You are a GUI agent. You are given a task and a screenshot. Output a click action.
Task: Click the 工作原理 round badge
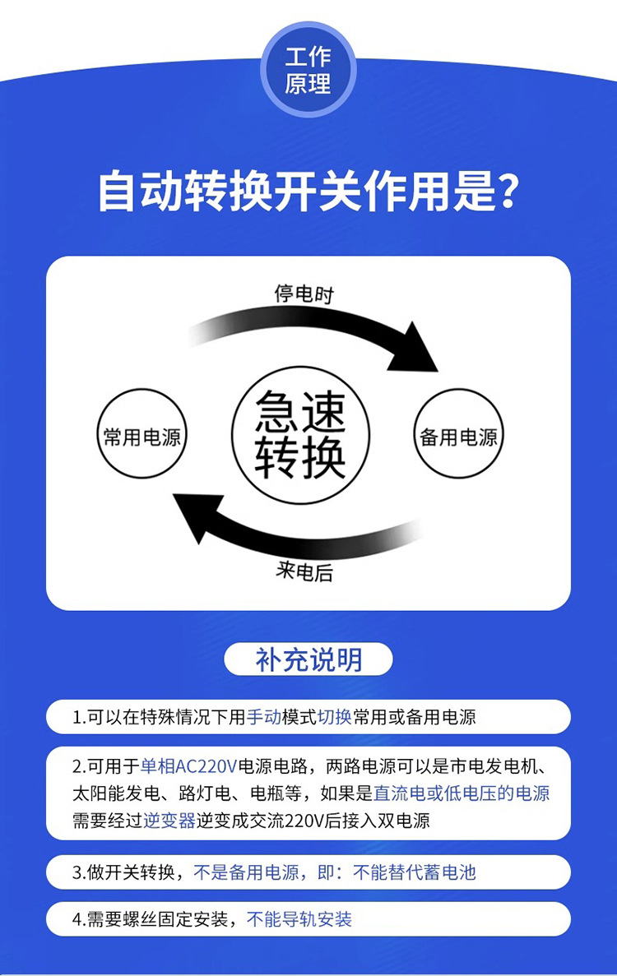(308, 70)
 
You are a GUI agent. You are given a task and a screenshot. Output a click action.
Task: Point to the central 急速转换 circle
(300, 436)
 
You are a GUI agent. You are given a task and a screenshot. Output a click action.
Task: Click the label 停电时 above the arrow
(304, 294)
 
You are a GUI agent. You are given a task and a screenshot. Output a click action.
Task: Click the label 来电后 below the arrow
(304, 572)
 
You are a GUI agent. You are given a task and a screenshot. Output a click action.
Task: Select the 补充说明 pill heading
(308, 659)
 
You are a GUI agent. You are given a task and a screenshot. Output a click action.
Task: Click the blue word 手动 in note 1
(263, 717)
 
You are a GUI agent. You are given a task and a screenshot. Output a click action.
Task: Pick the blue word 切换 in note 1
(334, 717)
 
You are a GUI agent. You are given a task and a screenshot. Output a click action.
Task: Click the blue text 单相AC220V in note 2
(188, 767)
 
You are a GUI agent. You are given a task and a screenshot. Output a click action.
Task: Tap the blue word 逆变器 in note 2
(169, 821)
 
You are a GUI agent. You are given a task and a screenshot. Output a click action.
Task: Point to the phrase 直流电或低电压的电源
(462, 793)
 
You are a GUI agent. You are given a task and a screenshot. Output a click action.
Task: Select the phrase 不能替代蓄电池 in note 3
(415, 872)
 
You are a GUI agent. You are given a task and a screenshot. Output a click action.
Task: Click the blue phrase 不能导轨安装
(299, 919)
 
